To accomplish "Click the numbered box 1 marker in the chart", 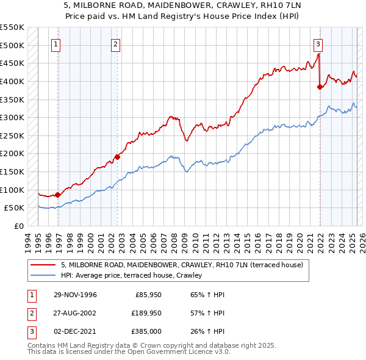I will (x=56, y=44).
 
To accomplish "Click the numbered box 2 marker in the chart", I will (x=115, y=44).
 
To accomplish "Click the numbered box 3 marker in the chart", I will (x=318, y=44).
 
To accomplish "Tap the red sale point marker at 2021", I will (x=320, y=87).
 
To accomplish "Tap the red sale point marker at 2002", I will (x=118, y=157).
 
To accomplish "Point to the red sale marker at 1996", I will (x=58, y=195).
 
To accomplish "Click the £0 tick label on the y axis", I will (x=18, y=226).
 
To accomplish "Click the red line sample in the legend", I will (x=44, y=265).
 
